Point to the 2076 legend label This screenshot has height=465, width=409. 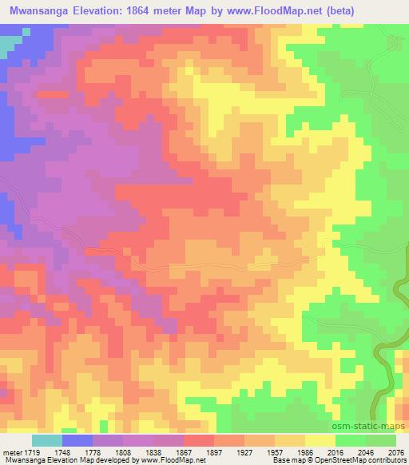click(394, 451)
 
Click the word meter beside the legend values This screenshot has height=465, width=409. click(10, 451)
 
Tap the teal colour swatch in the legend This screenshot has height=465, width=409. click(46, 440)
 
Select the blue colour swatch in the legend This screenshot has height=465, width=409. click(77, 440)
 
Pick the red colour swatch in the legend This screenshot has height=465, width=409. click(199, 440)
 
